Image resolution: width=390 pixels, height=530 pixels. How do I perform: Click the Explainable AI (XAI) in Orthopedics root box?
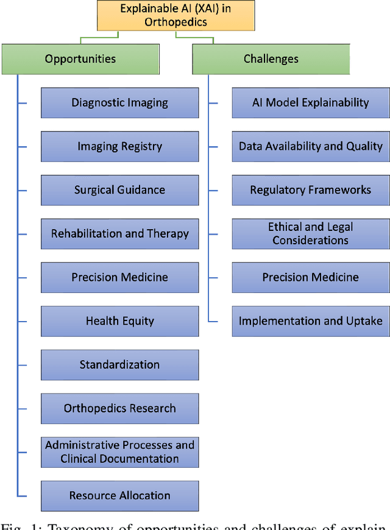(x=175, y=16)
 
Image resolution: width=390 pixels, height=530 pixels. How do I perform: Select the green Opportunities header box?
(x=80, y=59)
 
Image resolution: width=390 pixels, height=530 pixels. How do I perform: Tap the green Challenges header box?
(x=271, y=59)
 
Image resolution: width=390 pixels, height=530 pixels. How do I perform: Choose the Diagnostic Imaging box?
(x=119, y=102)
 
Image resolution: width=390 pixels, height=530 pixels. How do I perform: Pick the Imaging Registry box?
(x=119, y=146)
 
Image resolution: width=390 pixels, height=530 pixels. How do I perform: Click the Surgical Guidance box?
(x=119, y=190)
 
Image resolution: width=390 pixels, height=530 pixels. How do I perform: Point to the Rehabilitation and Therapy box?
(x=119, y=234)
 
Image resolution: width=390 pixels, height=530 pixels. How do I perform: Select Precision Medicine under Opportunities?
(x=119, y=277)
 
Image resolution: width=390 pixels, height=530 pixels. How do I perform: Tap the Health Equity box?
(x=119, y=321)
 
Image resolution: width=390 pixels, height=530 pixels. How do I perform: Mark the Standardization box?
(x=119, y=365)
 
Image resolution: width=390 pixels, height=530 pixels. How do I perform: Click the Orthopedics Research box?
(x=119, y=409)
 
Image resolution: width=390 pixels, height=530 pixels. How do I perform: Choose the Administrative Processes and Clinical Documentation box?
(x=119, y=452)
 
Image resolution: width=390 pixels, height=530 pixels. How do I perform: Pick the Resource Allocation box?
(x=119, y=496)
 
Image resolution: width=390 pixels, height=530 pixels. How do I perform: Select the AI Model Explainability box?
(x=311, y=102)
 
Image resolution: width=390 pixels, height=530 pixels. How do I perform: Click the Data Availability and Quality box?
(x=311, y=146)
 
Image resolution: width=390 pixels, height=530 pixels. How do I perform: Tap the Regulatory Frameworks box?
(x=311, y=190)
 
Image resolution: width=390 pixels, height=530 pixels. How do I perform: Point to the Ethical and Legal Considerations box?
(x=311, y=234)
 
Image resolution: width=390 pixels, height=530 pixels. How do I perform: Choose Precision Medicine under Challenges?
(x=311, y=277)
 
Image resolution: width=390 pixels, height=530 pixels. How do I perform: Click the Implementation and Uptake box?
(x=311, y=321)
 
